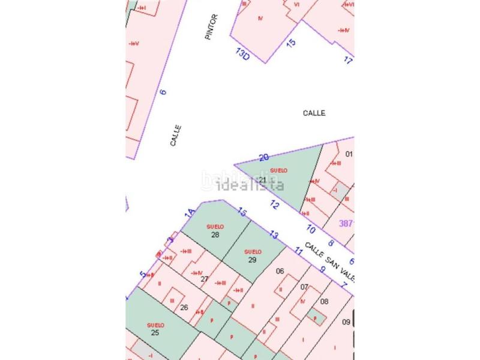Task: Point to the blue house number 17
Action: coord(348,60)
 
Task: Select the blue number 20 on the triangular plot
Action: coord(263,158)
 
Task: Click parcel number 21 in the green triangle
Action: coord(262,180)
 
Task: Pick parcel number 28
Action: coord(215,235)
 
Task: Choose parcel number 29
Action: coord(253,260)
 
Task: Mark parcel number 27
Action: coord(205,278)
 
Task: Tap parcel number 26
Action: coord(184,308)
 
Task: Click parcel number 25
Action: coord(155,332)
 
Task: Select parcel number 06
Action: coord(280,271)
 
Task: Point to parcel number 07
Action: coord(304,287)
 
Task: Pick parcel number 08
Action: coord(325,301)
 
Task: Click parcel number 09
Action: coord(346,322)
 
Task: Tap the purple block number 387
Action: coord(346,223)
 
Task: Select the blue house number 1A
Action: coord(190,212)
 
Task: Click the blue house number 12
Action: coord(275,205)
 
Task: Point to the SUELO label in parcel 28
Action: coord(215,226)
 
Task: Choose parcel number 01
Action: coord(349,154)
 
